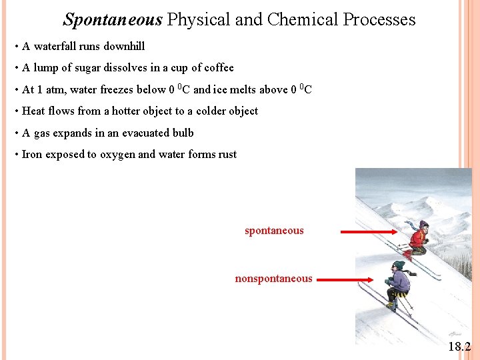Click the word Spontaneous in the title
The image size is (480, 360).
113,20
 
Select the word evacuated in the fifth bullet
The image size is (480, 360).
130,133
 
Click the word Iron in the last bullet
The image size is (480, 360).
31,155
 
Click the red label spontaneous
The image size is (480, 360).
274,231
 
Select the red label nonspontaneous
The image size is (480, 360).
273,279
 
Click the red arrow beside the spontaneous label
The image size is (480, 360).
370,232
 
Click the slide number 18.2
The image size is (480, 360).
459,347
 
